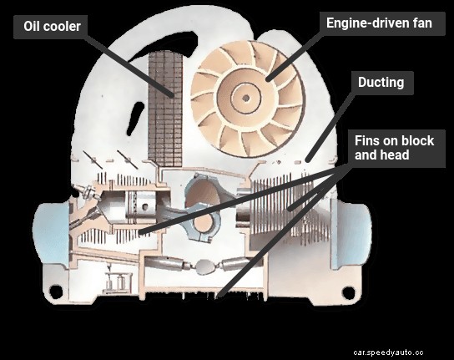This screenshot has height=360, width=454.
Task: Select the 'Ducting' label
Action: [x=381, y=84]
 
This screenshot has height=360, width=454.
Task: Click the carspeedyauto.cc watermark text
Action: [x=399, y=351]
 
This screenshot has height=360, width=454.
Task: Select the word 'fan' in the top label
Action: [x=421, y=23]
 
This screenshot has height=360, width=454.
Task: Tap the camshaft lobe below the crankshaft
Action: [x=204, y=268]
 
